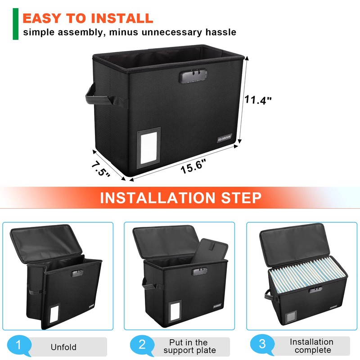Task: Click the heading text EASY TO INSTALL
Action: tap(88, 18)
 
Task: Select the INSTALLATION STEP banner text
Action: tap(180, 198)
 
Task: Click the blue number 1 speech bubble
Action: tap(19, 346)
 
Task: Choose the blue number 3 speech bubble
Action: tap(262, 346)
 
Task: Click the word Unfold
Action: tap(64, 347)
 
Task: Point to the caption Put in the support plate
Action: tap(189, 346)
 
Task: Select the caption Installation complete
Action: tap(311, 346)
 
